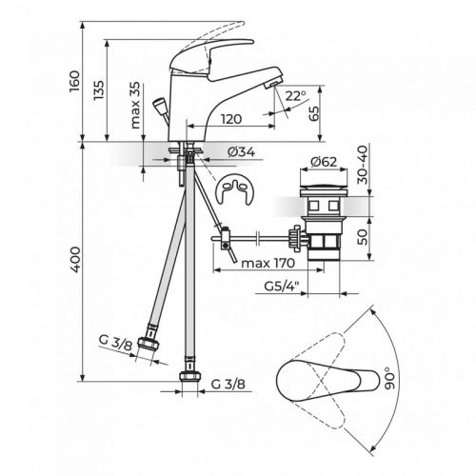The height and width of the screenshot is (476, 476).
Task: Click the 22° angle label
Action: [295, 95]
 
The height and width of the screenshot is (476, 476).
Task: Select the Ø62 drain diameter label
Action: [327, 163]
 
